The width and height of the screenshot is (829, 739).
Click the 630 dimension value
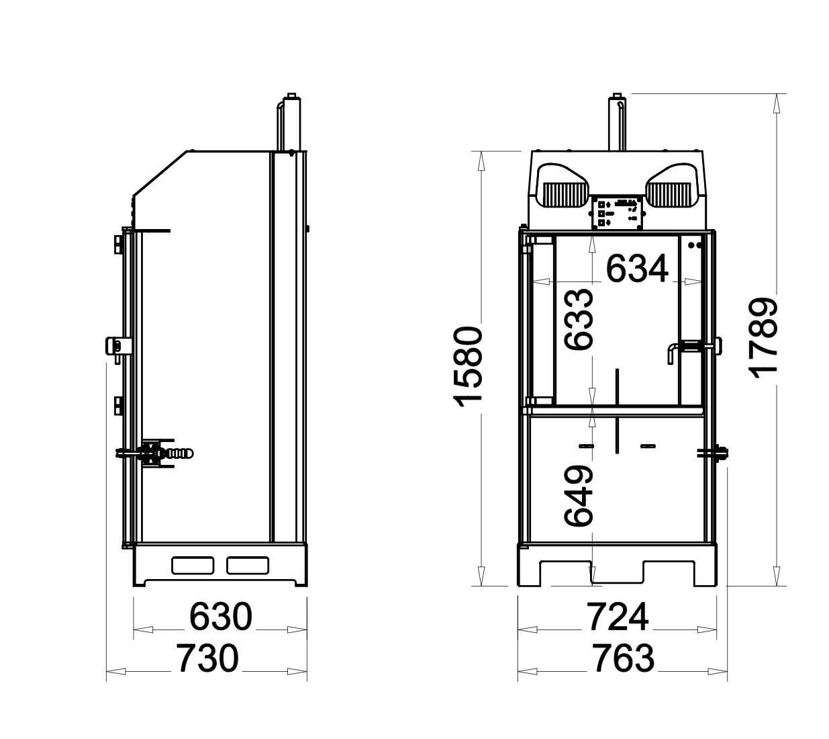pyautogui.click(x=220, y=617)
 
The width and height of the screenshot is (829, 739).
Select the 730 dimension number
pyautogui.click(x=207, y=658)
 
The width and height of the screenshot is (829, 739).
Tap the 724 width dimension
pyautogui.click(x=618, y=617)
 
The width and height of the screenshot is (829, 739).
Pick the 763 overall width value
pyautogui.click(x=623, y=658)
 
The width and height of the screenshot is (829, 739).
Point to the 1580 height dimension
pyautogui.click(x=468, y=367)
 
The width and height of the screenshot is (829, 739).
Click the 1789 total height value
pyautogui.click(x=765, y=339)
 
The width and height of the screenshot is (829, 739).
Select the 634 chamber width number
pyautogui.click(x=637, y=269)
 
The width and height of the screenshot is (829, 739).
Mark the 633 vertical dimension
pyautogui.click(x=579, y=320)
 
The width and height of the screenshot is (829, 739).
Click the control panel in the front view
pyautogui.click(x=617, y=212)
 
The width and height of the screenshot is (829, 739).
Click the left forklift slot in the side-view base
pyautogui.click(x=193, y=566)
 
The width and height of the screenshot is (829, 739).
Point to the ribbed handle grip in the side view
pyautogui.click(x=180, y=453)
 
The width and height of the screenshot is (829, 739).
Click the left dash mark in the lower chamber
pyautogui.click(x=585, y=446)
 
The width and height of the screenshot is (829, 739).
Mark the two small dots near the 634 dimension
pyautogui.click(x=694, y=245)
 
